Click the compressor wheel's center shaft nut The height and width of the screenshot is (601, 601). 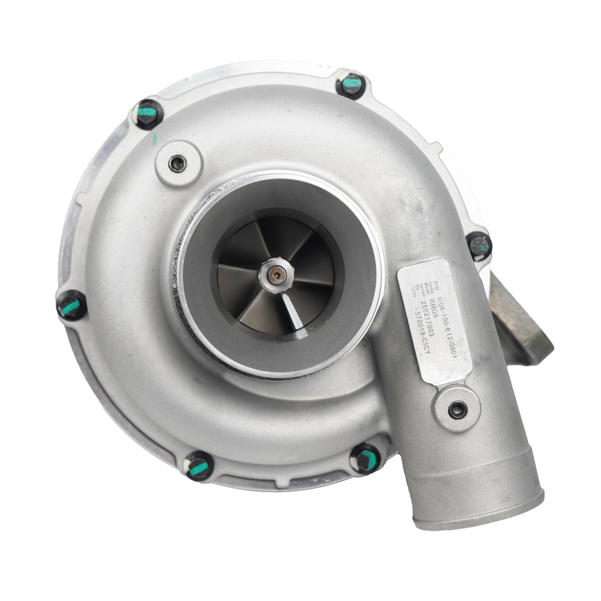point(274,271)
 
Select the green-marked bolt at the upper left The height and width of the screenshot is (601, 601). point(147,113)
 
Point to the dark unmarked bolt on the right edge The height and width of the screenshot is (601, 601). point(479,244)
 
